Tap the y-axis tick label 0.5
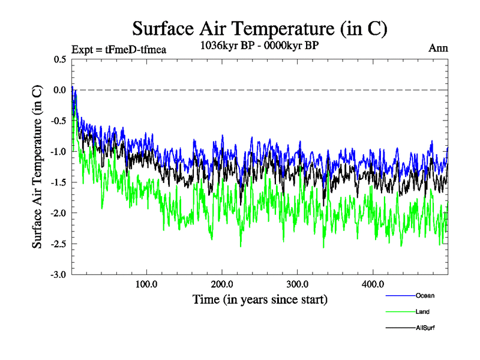(x=60, y=59)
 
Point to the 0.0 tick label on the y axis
(x=60, y=90)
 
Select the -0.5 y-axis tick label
(x=59, y=121)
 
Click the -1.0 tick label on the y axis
(x=59, y=151)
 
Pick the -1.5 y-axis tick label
(x=59, y=182)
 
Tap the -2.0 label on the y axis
(x=59, y=213)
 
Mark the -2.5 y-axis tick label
(x=59, y=244)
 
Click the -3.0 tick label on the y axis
(x=59, y=275)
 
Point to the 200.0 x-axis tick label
(x=222, y=284)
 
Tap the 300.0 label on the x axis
(x=298, y=284)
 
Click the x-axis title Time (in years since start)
(x=260, y=299)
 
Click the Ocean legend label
(x=425, y=295)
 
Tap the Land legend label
(x=422, y=312)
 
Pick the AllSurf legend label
(x=425, y=328)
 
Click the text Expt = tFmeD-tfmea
(x=118, y=49)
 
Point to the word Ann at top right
(x=437, y=48)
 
